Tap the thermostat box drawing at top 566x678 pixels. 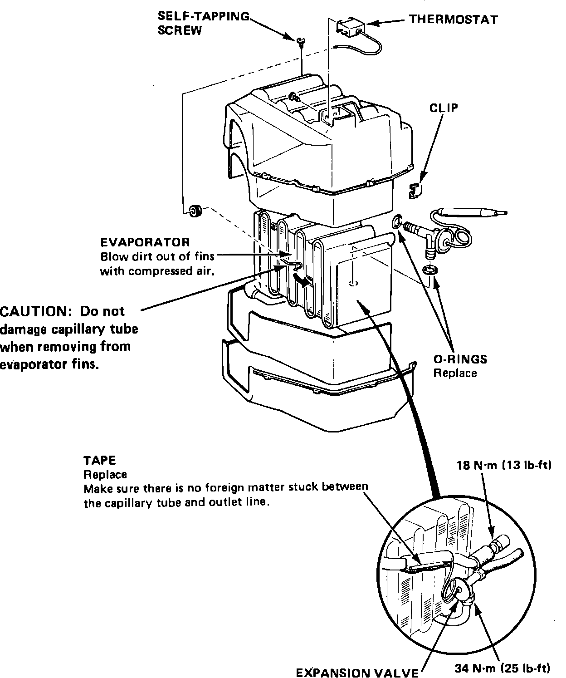(349, 27)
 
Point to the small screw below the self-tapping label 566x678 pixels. (300, 42)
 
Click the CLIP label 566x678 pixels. (444, 108)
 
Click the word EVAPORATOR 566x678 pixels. (145, 242)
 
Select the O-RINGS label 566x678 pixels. (460, 359)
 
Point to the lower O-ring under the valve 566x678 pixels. (429, 270)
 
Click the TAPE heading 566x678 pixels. (100, 460)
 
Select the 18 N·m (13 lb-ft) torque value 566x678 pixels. (504, 466)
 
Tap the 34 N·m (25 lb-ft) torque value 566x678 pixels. (503, 668)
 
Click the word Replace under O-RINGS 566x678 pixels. (455, 373)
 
